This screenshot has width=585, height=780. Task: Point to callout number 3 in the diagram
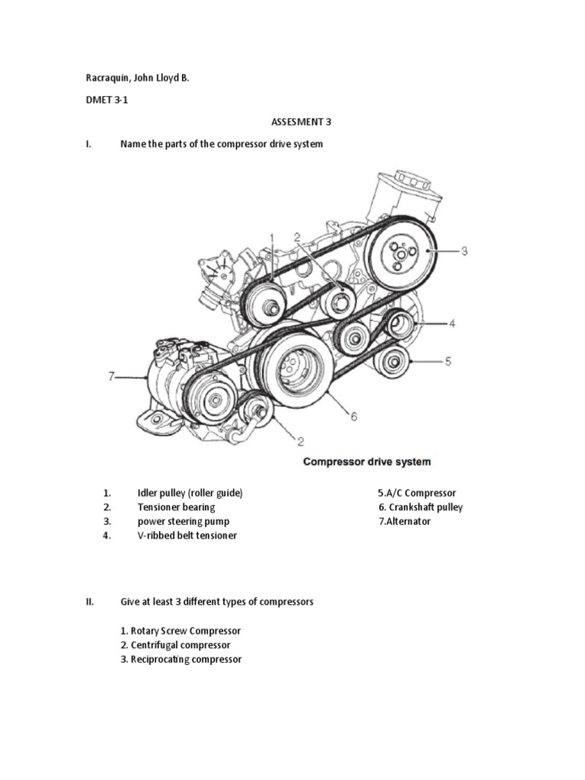point(464,250)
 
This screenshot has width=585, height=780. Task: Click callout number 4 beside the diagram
point(452,323)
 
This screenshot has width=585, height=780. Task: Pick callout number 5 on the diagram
point(448,361)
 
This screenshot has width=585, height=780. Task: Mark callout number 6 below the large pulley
point(353,416)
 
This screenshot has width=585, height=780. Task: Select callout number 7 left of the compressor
point(111,376)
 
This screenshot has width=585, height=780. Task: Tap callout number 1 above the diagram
point(271,238)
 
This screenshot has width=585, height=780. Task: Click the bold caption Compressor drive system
point(367,462)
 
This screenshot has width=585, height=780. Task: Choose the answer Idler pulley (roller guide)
point(190,493)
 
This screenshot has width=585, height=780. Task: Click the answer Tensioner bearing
point(176,507)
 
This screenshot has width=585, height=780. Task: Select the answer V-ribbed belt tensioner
point(187,535)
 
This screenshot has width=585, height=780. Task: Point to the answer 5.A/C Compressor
point(417,493)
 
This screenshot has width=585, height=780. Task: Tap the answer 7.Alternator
point(404,522)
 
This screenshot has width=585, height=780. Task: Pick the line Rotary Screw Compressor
point(181,631)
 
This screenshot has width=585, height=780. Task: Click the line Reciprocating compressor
point(181,659)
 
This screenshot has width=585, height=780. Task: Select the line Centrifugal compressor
point(175,645)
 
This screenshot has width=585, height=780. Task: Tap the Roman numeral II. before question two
point(89,602)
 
